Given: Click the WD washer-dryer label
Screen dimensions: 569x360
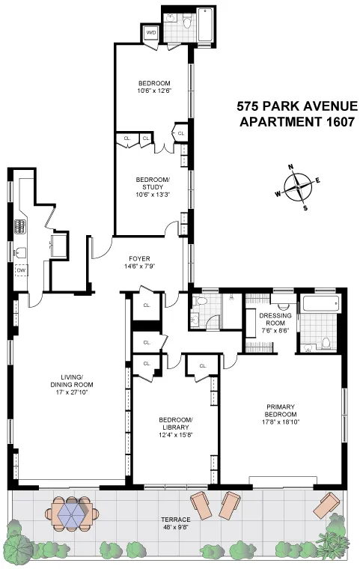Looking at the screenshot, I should (150, 32).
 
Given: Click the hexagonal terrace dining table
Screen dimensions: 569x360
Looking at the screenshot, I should (73, 515).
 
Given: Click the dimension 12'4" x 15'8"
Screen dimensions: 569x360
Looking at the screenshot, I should (176, 434).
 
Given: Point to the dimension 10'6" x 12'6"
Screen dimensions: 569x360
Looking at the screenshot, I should (153, 91).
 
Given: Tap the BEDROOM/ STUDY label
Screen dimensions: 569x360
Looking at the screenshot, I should (153, 184).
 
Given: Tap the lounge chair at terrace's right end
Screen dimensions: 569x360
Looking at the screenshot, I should (326, 505).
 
